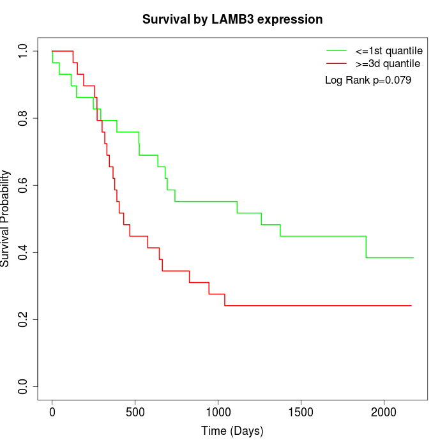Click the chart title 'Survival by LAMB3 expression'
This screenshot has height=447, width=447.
(x=232, y=19)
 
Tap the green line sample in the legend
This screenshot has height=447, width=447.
(x=337, y=50)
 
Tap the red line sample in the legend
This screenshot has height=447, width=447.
(x=337, y=63)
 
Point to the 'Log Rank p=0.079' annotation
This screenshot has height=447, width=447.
(x=368, y=80)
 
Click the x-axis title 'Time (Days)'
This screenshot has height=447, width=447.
(x=232, y=431)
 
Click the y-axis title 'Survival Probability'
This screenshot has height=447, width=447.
(x=6, y=218)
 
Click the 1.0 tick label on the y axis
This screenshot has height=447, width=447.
(x=24, y=51)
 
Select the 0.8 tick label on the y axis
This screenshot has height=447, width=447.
(x=24, y=118)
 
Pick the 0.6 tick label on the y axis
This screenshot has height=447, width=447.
(x=24, y=185)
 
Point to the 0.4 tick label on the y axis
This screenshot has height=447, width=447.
(x=24, y=252)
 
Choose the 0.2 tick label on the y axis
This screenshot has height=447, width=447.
(x=24, y=319)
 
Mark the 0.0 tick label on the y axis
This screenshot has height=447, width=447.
(x=24, y=386)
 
